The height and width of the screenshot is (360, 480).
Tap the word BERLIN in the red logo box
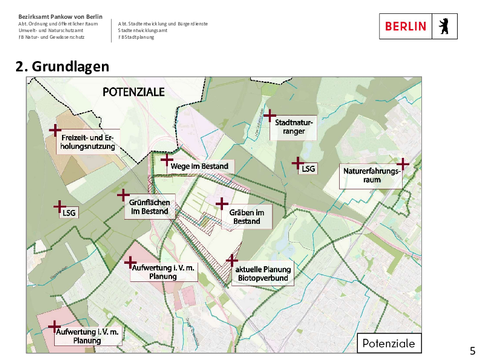408,26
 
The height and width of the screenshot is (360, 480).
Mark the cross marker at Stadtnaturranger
270,114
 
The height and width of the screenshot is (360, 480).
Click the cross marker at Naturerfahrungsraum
403,164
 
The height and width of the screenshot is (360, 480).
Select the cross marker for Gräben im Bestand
222,203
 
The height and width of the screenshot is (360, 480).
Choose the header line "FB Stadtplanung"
137,37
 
